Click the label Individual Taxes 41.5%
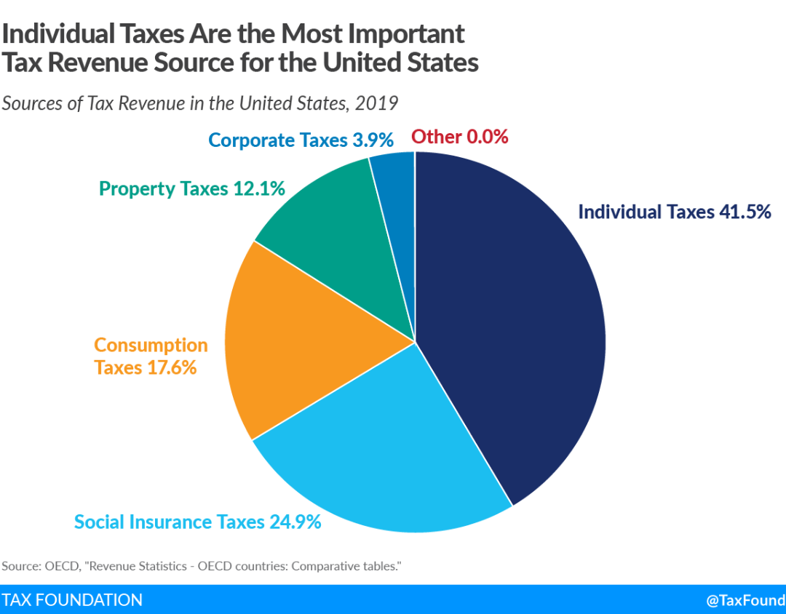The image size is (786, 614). pos(674,212)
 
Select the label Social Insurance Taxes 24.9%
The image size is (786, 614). pos(198,522)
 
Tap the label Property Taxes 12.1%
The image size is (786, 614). pos(191,189)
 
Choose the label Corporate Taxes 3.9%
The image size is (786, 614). pos(301,139)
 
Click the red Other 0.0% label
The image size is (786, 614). pos(459,136)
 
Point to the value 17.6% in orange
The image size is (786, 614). pos(171,367)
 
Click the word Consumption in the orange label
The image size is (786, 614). pos(151,345)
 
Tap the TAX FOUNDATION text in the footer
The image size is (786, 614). pos(72,599)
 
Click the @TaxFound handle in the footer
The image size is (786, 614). pos(745,600)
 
